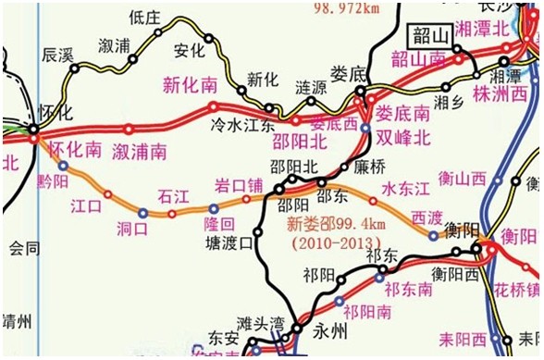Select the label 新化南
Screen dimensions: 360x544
[x=189, y=85]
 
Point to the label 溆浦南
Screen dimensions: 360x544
[x=140, y=150]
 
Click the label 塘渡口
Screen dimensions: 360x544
[x=229, y=244]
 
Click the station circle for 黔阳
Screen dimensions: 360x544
[x=63, y=166]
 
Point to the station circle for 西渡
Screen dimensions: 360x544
[x=433, y=235]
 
